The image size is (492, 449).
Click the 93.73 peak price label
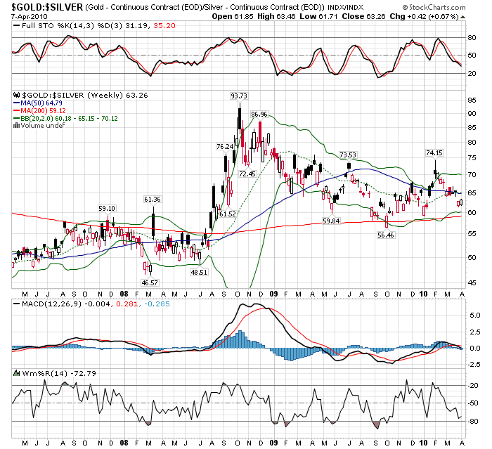click(x=239, y=96)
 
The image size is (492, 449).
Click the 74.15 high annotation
click(x=434, y=152)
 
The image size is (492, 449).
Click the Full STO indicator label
click(x=32, y=27)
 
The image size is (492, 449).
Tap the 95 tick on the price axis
click(x=470, y=100)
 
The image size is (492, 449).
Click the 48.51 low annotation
click(x=199, y=272)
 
